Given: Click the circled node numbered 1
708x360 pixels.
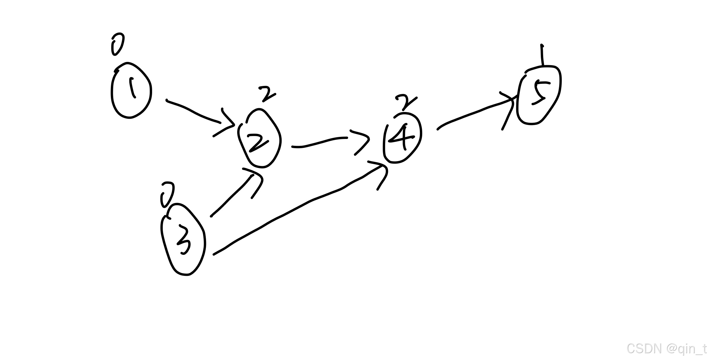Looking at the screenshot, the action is point(131,90).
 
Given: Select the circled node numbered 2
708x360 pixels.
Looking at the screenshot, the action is point(259,138).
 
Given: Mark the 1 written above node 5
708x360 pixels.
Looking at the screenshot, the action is point(542,55).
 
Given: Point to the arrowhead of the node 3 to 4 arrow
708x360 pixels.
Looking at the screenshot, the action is point(381,172).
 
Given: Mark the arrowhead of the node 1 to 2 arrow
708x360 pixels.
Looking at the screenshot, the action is point(227,124).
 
